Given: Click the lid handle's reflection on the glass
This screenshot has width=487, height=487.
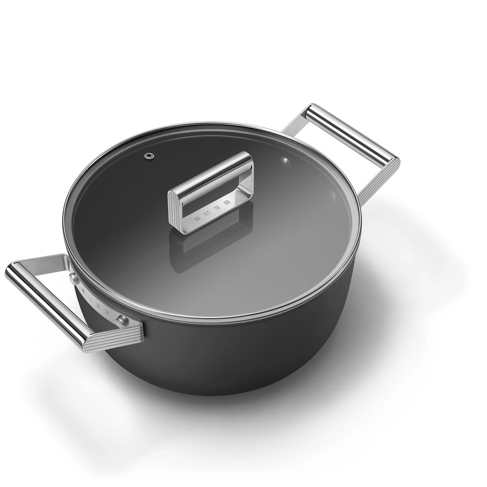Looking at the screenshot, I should coord(195,247).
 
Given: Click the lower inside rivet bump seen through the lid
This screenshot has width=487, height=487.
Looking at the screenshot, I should coord(331,194).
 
